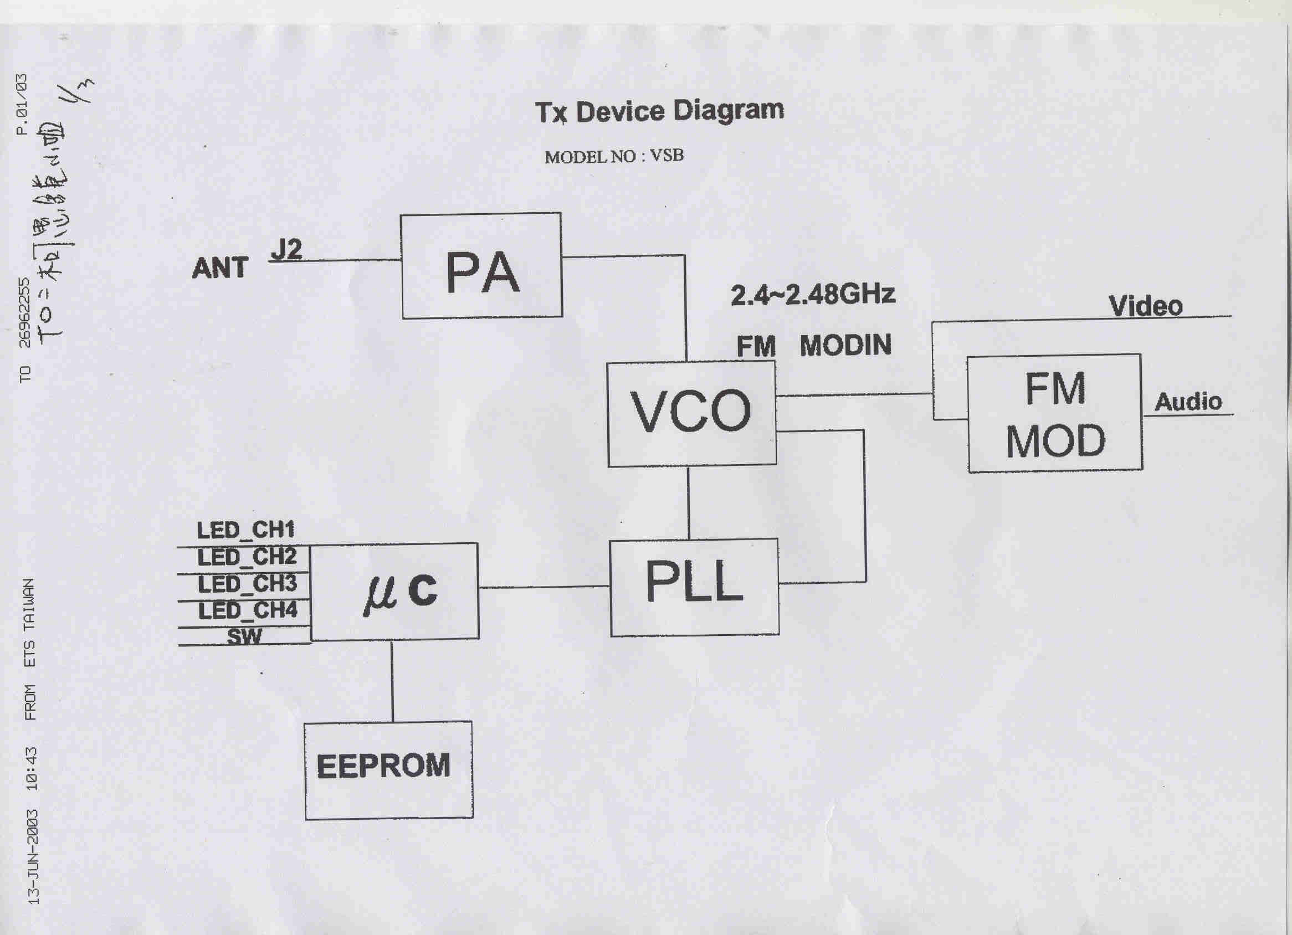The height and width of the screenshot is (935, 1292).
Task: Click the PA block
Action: [481, 266]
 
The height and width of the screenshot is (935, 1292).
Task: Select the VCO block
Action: [691, 413]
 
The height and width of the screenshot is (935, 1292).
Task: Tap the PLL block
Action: [694, 586]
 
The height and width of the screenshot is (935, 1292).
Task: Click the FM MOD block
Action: [1055, 413]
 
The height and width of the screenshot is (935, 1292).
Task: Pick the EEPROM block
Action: [388, 769]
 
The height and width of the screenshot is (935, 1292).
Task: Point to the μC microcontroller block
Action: [394, 591]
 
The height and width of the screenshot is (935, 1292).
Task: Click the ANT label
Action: [220, 268]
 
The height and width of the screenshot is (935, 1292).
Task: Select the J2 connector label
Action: [286, 249]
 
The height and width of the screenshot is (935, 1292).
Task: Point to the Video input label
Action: [1146, 306]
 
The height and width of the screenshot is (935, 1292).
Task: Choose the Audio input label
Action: [1188, 402]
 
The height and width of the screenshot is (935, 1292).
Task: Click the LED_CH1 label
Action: [246, 531]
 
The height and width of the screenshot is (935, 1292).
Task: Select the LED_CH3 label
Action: [247, 584]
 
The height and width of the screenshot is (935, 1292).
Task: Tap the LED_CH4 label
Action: [248, 611]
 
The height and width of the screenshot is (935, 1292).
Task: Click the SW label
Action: [244, 636]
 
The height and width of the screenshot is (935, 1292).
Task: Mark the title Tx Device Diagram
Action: [659, 111]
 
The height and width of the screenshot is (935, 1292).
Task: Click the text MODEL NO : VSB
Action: [613, 157]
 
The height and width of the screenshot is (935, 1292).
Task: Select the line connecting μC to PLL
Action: [544, 587]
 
